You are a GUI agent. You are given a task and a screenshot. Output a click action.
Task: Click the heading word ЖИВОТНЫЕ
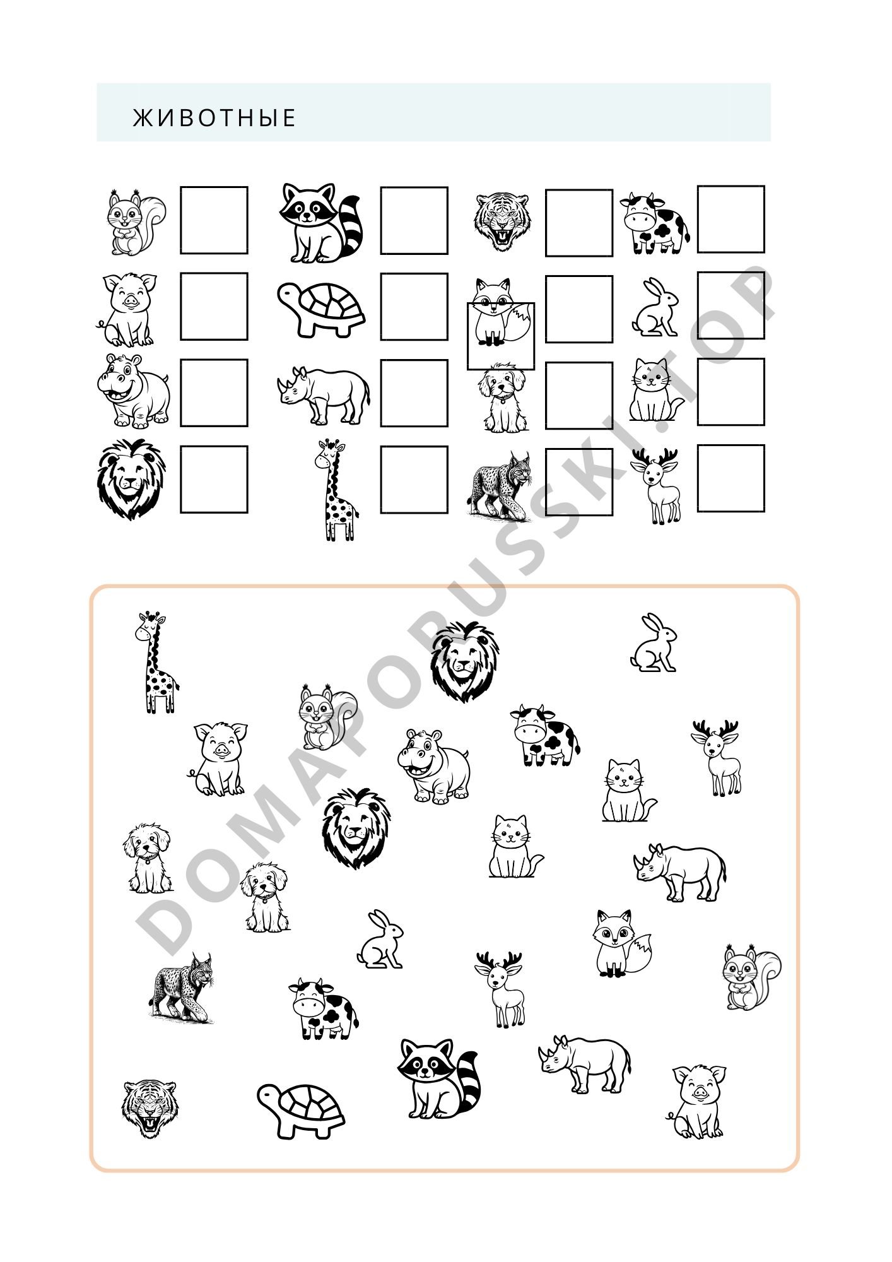[214, 118]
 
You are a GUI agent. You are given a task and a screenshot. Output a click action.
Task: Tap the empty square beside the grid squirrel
[214, 220]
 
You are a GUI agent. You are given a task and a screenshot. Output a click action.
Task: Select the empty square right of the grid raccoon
[414, 220]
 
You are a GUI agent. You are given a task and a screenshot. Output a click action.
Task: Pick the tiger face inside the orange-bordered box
[150, 1109]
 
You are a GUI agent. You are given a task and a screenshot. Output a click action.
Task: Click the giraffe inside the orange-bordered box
[156, 662]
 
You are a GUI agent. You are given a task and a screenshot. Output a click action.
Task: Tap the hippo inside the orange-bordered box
[435, 765]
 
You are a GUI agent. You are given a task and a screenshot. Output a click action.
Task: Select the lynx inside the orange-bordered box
[182, 988]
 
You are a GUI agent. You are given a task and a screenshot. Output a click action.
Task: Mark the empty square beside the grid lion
[214, 480]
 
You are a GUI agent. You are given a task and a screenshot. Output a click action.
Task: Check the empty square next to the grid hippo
[214, 393]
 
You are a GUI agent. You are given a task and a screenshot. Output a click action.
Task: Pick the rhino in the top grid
[324, 395]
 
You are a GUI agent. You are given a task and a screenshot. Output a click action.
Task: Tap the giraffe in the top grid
[336, 490]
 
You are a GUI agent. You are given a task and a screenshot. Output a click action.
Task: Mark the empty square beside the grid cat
[731, 392]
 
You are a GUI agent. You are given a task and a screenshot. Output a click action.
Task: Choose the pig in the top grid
[126, 310]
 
